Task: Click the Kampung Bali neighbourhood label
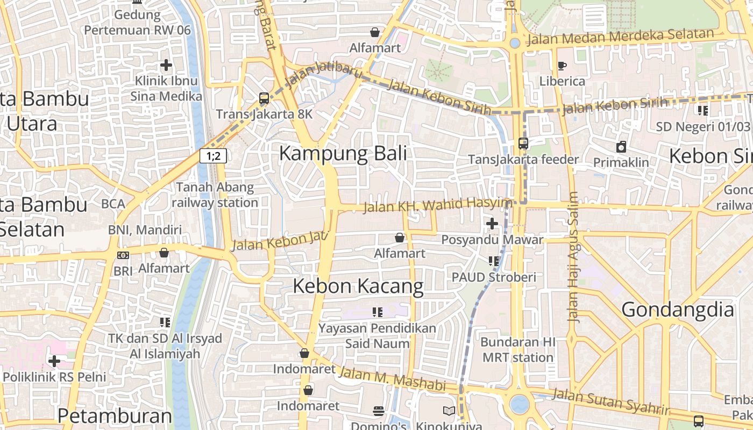pos(343,154)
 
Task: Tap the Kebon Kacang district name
pos(358,286)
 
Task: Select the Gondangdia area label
pos(678,310)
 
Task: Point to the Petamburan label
pos(115,415)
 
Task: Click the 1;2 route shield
pos(213,156)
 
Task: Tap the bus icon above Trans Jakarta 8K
pos(264,98)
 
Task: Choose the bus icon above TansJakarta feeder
pos(523,144)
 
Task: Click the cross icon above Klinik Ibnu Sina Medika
pos(166,66)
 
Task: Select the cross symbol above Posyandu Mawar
pos(492,224)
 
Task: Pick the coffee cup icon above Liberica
pos(562,66)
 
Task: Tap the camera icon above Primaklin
pos(621,147)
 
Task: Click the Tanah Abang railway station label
pos(215,195)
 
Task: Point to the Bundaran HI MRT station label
pos(517,350)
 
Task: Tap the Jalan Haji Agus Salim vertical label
pos(574,257)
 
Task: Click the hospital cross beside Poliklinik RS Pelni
pos(54,361)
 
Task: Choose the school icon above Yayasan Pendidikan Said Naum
pos(377,312)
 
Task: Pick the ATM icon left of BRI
pos(123,255)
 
